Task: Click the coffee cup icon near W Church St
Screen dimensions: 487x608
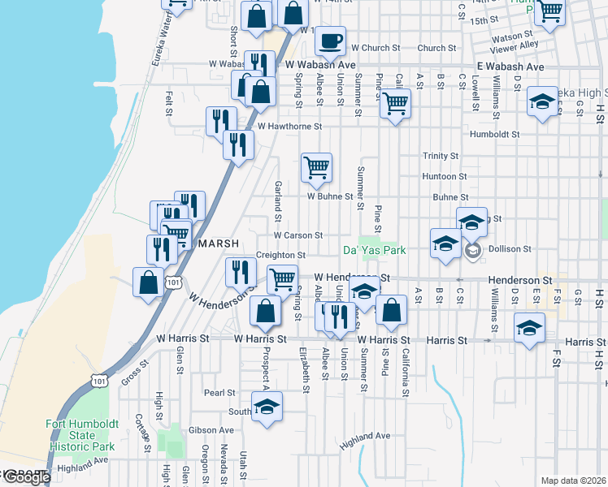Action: [x=330, y=40]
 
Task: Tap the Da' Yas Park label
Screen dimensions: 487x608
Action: [x=374, y=250]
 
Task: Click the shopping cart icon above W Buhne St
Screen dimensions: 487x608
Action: [x=317, y=168]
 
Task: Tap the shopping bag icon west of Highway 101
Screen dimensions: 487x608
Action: [x=148, y=283]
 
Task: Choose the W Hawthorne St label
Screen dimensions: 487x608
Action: [x=290, y=127]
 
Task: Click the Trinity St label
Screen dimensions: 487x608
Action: [x=441, y=156]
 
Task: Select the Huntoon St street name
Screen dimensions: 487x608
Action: [x=445, y=176]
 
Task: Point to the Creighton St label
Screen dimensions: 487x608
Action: [x=280, y=255]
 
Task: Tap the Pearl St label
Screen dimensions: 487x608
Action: [x=219, y=393]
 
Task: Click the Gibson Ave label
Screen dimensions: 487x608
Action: [x=211, y=430]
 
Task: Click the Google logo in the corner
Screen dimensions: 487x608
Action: [x=26, y=477]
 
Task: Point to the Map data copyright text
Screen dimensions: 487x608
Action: [x=572, y=481]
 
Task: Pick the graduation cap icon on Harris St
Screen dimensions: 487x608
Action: [x=529, y=329]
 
